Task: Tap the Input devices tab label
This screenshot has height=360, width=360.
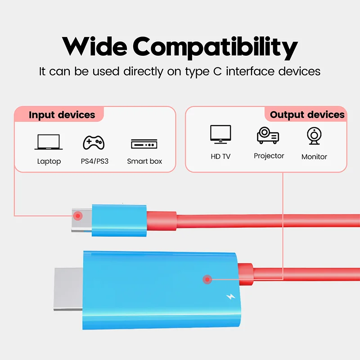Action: coord(62,115)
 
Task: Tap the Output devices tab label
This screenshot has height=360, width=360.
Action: coord(307,115)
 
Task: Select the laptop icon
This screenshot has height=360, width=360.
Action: coord(49,143)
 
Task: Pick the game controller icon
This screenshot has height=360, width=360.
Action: coord(94,143)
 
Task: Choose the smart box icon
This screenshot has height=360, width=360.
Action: coord(144,144)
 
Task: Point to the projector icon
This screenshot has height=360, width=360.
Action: coord(268,135)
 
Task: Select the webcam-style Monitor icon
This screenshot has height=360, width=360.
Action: coord(314,136)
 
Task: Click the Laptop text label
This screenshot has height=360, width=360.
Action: coord(49,161)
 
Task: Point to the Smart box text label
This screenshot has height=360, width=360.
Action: coord(144,161)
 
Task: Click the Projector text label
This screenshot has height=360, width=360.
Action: coord(269,156)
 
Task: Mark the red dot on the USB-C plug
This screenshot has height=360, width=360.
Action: coord(78,216)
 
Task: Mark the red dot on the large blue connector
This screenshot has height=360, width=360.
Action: coord(207,279)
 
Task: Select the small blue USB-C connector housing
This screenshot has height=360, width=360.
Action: coord(119,220)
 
